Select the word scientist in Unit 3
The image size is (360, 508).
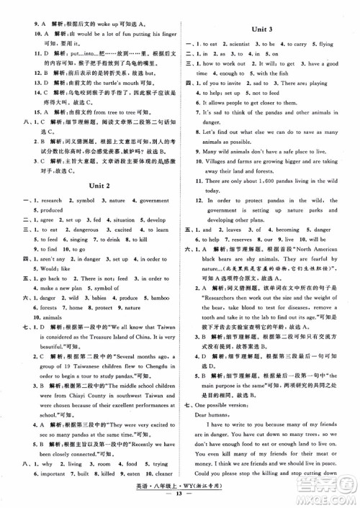tap(242, 45)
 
